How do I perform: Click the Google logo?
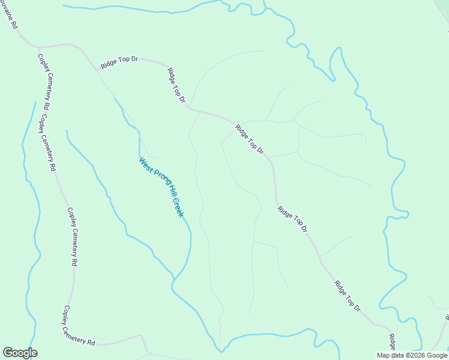pos(20,353)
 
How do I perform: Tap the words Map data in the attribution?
pos(391,355)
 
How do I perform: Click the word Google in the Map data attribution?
pos(438,355)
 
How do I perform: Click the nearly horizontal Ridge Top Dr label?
pos(119,62)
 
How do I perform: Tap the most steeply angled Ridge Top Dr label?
pos(176,85)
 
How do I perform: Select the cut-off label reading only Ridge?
pos(391,343)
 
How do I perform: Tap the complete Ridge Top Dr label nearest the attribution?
pos(348,296)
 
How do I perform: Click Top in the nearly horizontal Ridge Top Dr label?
pos(122,61)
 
